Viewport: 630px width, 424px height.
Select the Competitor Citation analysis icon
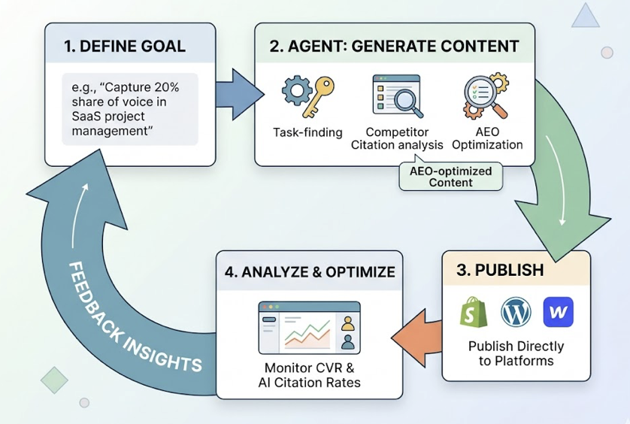click(x=396, y=95)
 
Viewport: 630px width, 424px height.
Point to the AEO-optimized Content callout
click(x=450, y=177)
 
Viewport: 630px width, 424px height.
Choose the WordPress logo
click(x=516, y=312)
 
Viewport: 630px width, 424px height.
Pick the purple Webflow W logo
click(x=558, y=312)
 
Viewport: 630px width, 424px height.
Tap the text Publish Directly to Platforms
click(x=516, y=353)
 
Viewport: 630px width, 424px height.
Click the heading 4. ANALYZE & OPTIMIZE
click(x=310, y=271)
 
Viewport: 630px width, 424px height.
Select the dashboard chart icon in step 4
click(x=309, y=328)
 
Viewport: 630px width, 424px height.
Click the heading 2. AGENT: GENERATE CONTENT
click(x=394, y=46)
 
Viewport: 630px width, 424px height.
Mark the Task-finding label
click(x=307, y=132)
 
